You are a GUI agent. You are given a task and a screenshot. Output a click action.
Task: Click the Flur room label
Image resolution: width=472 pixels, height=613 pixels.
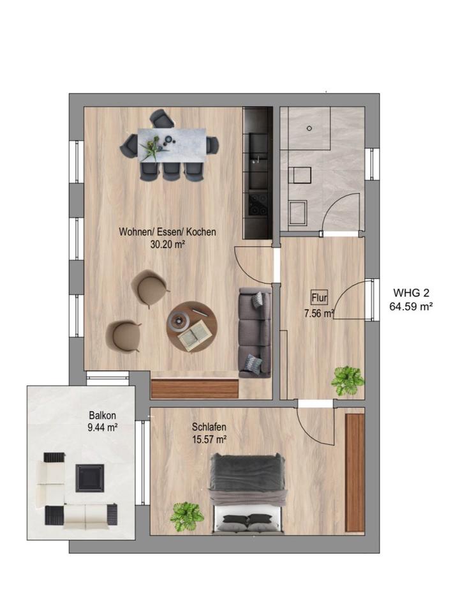pos(319,298)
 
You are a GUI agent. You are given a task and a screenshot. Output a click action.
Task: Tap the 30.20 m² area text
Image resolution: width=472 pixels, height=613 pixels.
pos(167,245)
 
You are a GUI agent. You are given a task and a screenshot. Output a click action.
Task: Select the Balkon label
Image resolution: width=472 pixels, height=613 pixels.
pos(102,415)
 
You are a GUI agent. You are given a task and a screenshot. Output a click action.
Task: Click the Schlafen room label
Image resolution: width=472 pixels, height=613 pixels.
pos(209,427)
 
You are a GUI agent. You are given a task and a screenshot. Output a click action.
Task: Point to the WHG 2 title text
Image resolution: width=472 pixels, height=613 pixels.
pos(411,292)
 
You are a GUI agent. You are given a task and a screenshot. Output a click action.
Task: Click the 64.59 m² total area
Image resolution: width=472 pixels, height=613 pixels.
pos(411,306)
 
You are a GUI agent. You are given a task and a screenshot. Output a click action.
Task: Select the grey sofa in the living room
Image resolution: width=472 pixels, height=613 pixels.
pos(254,332)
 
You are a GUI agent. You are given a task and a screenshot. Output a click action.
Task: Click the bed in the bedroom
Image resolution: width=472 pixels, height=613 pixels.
pos(246,494)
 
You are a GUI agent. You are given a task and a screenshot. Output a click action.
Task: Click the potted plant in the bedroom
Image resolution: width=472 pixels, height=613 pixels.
pos(187,517)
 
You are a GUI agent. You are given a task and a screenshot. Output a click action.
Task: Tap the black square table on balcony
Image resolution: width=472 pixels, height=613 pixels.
pos(90,478)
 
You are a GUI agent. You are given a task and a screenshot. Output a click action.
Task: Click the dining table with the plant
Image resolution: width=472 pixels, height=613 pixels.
pos(172,145)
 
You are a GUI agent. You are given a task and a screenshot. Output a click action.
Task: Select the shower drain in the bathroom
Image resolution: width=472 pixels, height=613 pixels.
pos(309,128)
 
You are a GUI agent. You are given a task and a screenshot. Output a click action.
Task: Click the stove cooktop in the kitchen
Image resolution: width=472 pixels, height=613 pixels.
pos(258,204)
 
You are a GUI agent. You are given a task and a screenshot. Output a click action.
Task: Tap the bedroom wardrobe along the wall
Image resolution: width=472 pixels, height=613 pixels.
pos(355,473)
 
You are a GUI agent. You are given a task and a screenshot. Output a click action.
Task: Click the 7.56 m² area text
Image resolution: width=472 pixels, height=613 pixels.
pos(319,313)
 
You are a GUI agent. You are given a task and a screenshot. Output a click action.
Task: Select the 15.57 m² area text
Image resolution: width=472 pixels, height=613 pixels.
pos(209,439)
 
